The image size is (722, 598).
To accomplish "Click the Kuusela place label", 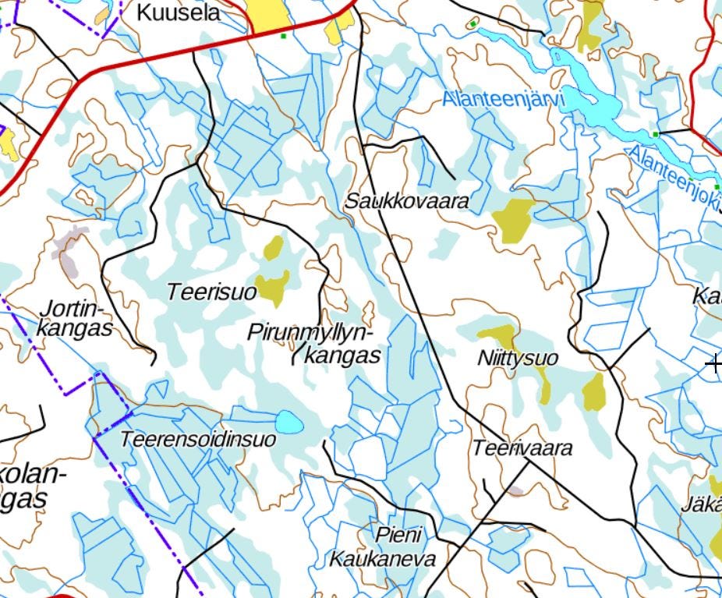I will point(178,13).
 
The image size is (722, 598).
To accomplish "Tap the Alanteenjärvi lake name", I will point(502,100).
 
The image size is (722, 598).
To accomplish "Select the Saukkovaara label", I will point(407,201).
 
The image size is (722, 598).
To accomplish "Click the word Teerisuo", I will point(211,292).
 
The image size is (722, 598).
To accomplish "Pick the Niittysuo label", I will point(517,358).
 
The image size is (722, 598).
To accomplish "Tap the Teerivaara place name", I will point(522,448).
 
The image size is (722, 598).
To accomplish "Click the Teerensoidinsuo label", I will point(197,440).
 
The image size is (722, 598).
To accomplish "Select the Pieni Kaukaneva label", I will point(382,547).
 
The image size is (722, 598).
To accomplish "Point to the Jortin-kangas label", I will point(75,318).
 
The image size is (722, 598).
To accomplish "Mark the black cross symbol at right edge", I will point(713,363).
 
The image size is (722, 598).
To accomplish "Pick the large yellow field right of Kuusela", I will point(267,16).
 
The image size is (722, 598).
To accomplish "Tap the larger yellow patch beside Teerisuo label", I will point(273,288).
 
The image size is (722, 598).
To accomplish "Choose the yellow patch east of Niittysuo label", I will point(594,391).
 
